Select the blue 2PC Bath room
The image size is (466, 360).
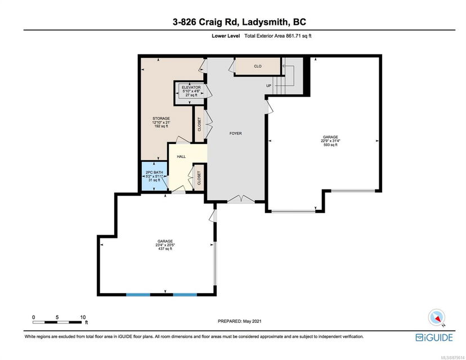pyautogui.click(x=154, y=176)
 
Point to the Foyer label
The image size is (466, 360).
pyautogui.click(x=235, y=133)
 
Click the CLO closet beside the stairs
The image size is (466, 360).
pyautogui.click(x=258, y=66)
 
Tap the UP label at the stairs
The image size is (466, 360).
pyautogui.click(x=268, y=85)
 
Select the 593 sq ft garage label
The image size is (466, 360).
pyautogui.click(x=330, y=141)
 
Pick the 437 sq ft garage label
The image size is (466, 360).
pyautogui.click(x=165, y=245)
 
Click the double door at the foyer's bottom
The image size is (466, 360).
pyautogui.click(x=241, y=199)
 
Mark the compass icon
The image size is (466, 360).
pyautogui.click(x=437, y=317)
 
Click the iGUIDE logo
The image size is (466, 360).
pyautogui.click(x=434, y=337)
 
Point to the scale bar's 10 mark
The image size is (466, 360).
pyautogui.click(x=83, y=317)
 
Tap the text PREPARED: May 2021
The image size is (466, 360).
pyautogui.click(x=240, y=321)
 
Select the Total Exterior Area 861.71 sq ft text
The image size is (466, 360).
pyautogui.click(x=278, y=36)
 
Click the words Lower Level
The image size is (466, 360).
pyautogui.click(x=226, y=36)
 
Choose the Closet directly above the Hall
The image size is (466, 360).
pyautogui.click(x=199, y=124)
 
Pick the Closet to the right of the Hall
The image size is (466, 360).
pyautogui.click(x=199, y=178)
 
